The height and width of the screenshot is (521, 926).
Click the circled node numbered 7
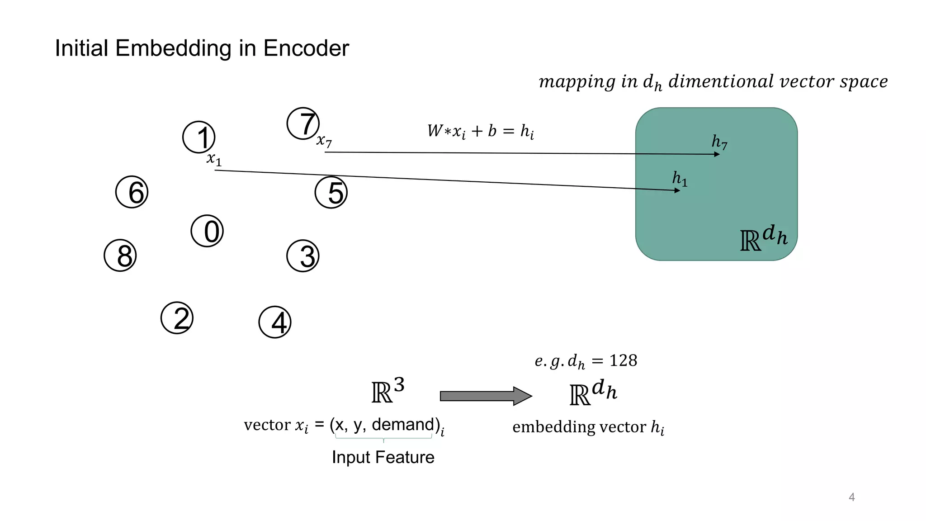tap(303, 123)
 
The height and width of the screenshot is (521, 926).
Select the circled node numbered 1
tap(199, 137)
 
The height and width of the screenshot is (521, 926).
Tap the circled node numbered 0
tap(208, 231)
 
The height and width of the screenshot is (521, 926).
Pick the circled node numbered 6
tap(132, 192)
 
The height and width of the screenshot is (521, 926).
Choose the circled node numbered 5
tap(331, 193)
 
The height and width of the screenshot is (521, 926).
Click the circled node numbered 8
tap(120, 256)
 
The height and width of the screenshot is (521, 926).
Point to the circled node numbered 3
tap(303, 256)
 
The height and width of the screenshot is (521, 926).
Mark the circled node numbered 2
tap(177, 318)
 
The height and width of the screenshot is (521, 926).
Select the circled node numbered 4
tap(275, 322)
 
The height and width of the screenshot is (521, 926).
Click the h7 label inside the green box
tap(719, 142)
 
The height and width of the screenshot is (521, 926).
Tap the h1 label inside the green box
tap(680, 179)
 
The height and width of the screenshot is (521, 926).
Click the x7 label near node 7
tap(324, 141)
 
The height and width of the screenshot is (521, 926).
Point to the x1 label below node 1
tap(214, 159)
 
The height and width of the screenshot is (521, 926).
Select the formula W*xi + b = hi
tap(480, 132)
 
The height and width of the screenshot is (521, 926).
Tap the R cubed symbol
tap(387, 391)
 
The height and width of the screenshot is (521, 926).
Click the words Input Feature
tap(383, 457)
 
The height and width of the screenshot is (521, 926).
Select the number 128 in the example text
tap(623, 360)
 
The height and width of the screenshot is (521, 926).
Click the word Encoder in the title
tap(306, 48)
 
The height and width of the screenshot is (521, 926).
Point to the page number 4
tap(852, 497)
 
